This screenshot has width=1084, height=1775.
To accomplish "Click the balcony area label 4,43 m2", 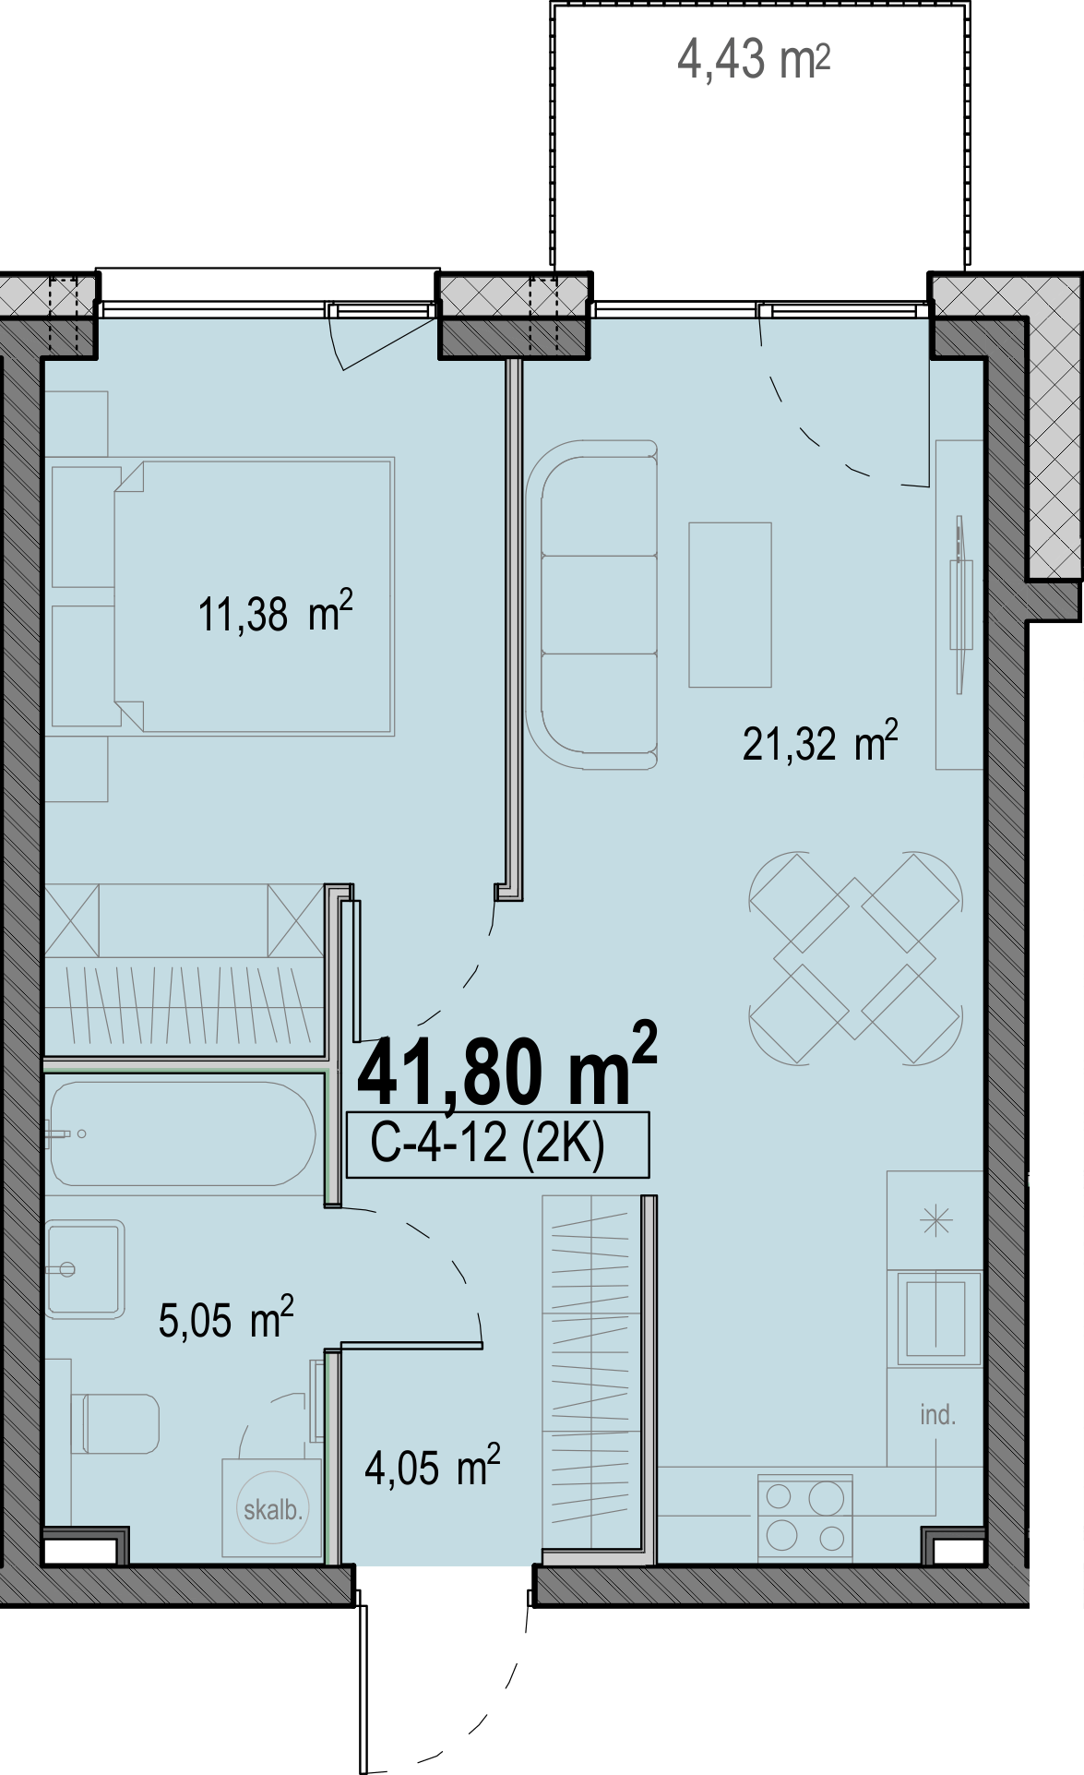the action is point(754,61).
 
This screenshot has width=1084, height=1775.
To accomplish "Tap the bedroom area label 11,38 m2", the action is point(275,613).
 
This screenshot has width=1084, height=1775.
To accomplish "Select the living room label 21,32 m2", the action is point(820,742).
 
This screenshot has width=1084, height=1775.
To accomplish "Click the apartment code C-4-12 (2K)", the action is point(488,1144).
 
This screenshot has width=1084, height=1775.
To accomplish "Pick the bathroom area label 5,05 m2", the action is point(226,1318).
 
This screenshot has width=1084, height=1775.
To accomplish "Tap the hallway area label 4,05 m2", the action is point(433,1466).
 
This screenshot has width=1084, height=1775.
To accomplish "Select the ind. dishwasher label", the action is point(937,1415).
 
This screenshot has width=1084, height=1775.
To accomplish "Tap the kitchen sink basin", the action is point(935,1318).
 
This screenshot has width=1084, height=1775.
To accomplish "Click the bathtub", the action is point(183,1133).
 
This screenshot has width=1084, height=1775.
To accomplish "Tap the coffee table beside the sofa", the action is point(730,605).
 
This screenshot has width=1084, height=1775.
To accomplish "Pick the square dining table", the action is point(855,958).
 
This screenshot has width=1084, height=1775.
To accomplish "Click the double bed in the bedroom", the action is point(255,596).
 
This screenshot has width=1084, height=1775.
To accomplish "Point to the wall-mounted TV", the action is point(961,606).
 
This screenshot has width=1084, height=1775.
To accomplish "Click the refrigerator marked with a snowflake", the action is point(935,1220).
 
